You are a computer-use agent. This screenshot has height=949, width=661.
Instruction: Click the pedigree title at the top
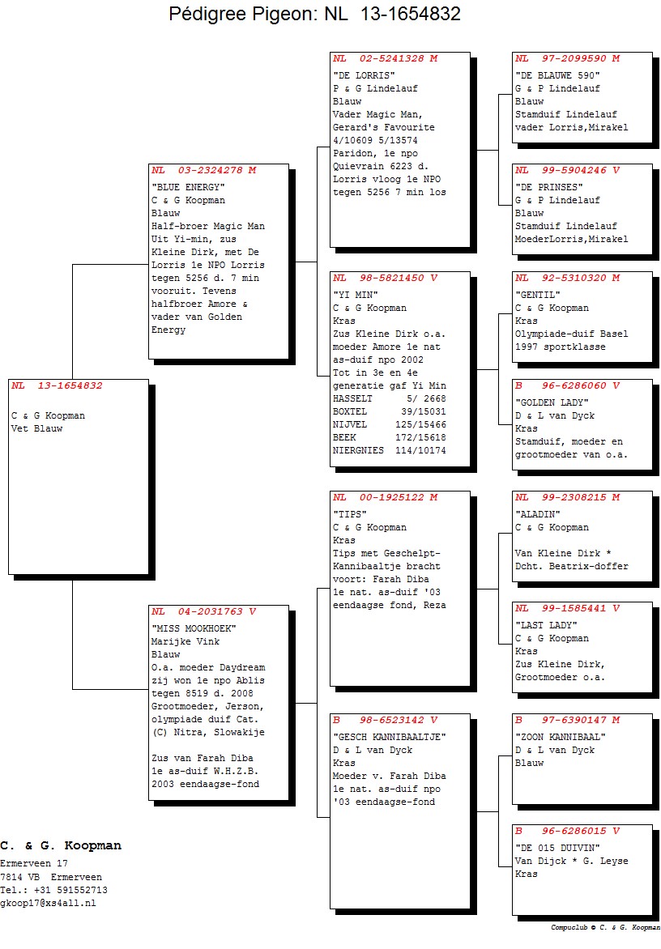pos(315,14)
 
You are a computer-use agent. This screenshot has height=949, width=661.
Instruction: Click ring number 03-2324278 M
pos(217,171)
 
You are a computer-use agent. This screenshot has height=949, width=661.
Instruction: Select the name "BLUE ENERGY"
pos(188,188)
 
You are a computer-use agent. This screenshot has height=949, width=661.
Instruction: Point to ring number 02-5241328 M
pos(399,59)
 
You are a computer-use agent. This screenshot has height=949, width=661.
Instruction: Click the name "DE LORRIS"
pos(364,75)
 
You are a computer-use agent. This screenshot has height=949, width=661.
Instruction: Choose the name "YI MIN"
pos(356,296)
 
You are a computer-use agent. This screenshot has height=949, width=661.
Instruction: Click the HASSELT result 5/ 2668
pos(426,399)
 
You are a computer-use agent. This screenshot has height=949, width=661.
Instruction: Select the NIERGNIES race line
pos(389,451)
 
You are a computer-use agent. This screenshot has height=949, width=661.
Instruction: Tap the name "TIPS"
pos(350,514)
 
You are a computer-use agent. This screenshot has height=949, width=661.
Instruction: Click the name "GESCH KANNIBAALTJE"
pos(389,737)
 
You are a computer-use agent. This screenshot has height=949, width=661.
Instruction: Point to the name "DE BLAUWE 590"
pos(557,75)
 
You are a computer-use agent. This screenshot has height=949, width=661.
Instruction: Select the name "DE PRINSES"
pos(549,188)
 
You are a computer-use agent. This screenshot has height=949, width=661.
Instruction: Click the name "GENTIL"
pos(538,296)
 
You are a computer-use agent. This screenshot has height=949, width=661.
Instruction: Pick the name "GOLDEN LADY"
pos(552,403)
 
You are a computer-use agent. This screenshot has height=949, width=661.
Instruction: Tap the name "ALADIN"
pos(538,514)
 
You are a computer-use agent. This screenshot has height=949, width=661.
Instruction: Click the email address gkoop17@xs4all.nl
pos(48,904)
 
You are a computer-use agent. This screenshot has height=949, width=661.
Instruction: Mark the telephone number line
pos(54,890)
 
